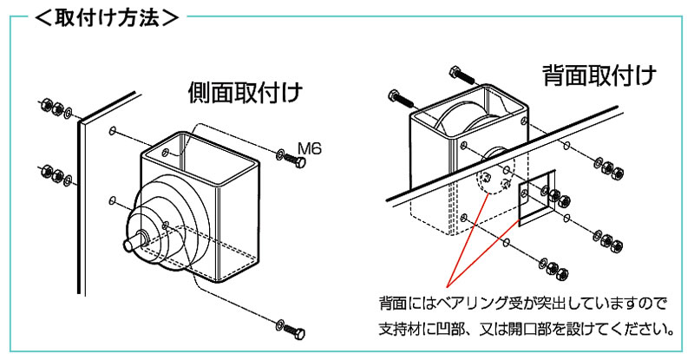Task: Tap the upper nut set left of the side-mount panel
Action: click(55, 108)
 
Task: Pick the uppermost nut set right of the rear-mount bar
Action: click(605, 164)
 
